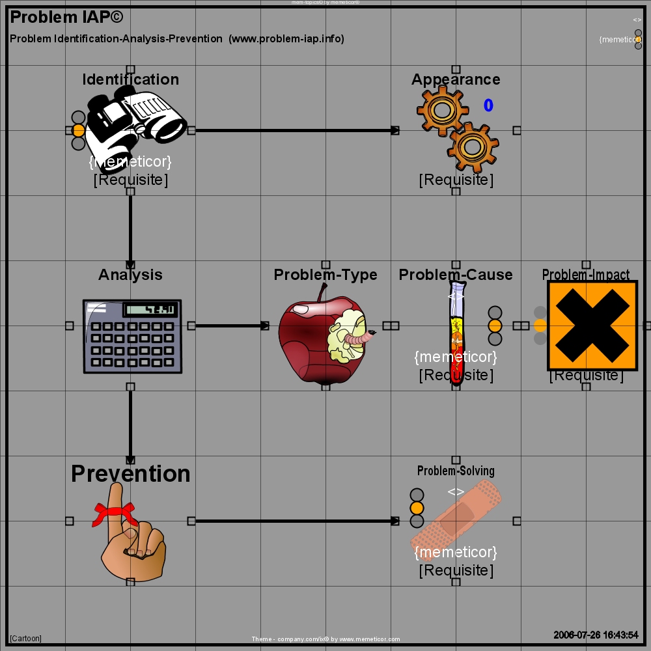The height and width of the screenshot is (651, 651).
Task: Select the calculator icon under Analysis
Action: tap(132, 336)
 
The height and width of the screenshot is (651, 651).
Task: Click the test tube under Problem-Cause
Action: tap(457, 332)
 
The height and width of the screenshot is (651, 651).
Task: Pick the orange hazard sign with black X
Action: tap(592, 325)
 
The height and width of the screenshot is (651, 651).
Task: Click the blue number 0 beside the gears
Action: tap(488, 105)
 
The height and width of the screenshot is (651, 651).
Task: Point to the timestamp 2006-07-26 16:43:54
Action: tap(596, 635)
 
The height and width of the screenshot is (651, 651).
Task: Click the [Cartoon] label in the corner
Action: tap(26, 639)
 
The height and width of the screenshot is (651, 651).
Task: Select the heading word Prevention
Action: tap(130, 473)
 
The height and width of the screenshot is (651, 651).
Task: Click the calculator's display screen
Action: tap(150, 309)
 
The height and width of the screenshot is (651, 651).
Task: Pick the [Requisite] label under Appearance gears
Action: tap(456, 180)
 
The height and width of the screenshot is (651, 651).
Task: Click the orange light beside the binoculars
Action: tap(79, 130)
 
